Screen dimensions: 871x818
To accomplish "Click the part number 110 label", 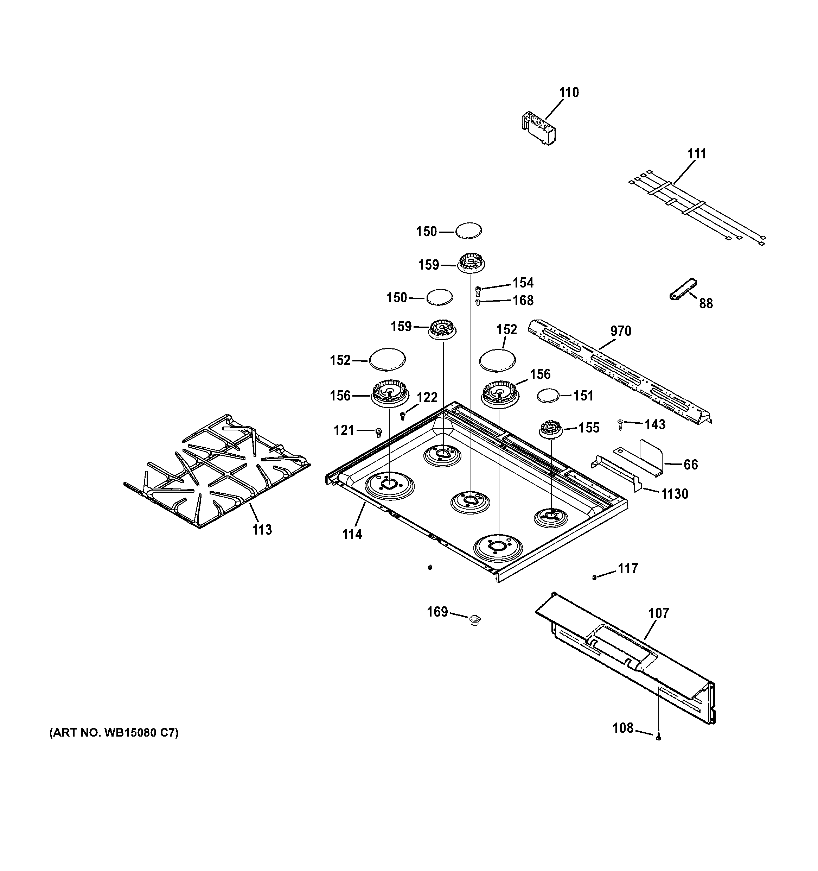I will (568, 93).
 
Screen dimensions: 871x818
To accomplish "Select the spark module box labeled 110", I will (537, 128).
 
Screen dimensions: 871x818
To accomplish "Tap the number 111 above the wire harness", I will (696, 154).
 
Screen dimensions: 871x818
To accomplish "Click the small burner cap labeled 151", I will (548, 395).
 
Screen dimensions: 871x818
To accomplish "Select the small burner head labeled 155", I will (550, 429).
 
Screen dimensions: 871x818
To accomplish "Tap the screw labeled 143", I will (620, 424).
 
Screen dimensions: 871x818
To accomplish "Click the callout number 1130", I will (675, 494).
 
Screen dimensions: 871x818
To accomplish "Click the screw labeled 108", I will (658, 738).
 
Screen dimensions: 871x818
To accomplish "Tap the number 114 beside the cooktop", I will (352, 535).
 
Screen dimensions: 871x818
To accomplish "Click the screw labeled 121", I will (379, 433).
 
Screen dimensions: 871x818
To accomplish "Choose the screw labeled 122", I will (403, 416).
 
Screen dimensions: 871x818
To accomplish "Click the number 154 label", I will (523, 283).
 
